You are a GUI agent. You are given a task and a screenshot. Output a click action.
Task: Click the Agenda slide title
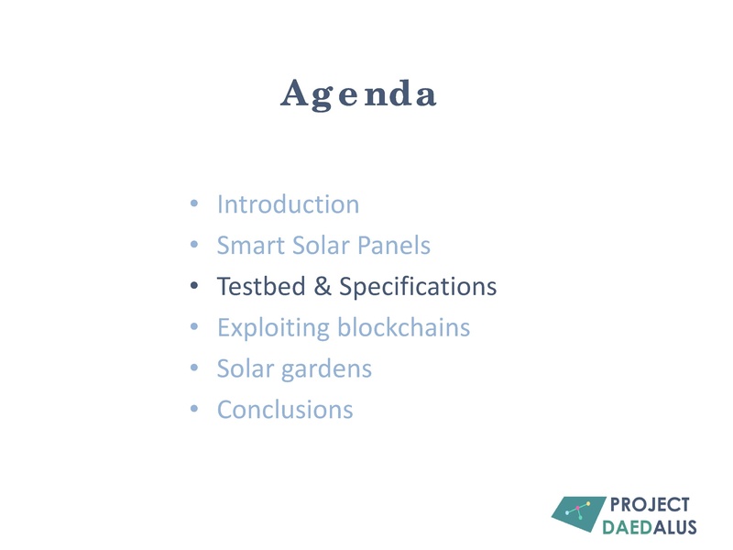pos(358,94)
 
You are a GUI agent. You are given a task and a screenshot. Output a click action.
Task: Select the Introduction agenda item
pos(288,204)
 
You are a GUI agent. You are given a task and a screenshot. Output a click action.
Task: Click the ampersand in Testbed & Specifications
pos(322,287)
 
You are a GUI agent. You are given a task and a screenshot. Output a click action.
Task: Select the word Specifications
pos(418,287)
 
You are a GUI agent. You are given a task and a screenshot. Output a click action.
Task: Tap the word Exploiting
pos(273,327)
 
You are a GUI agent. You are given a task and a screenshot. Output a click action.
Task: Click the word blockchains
pos(404,327)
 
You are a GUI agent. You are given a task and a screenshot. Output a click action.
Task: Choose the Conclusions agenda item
pos(285,409)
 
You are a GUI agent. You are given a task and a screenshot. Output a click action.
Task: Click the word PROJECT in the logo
pos(650,505)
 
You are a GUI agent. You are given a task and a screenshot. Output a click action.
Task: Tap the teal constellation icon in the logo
pos(578,514)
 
